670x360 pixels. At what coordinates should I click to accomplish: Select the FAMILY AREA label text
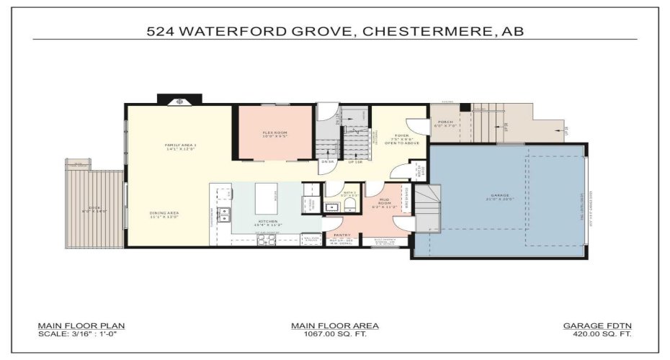[180, 145]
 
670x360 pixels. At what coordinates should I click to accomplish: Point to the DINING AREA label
[164, 213]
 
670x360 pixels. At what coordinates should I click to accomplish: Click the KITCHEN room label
[268, 221]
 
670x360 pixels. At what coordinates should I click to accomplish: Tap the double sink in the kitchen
[223, 213]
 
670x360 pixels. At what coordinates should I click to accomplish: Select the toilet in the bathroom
[351, 205]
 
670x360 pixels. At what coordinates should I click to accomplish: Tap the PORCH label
[445, 122]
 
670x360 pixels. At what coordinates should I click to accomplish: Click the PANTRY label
[341, 235]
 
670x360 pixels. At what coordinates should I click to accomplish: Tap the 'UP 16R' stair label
[355, 161]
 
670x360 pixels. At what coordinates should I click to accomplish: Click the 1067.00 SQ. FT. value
[335, 334]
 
